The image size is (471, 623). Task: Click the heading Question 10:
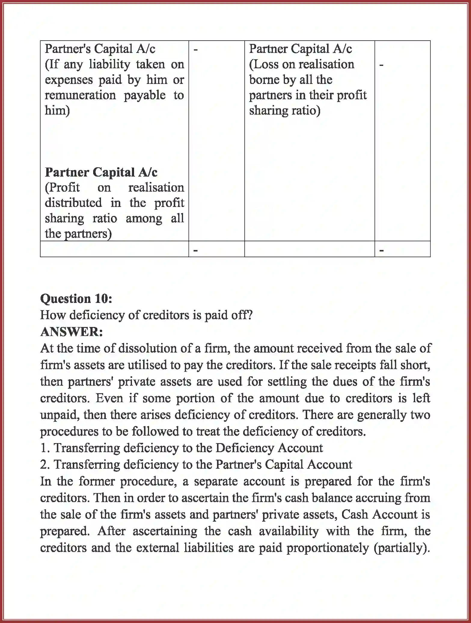pos(76,299)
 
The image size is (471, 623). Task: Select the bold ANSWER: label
pos(72,332)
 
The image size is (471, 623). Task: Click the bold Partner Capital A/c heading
pos(101,172)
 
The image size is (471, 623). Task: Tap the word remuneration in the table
pos(80,95)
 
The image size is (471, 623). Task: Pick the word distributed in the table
pos(73,203)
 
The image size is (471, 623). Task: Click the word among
pos(144,218)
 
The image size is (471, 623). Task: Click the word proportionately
pos(328,548)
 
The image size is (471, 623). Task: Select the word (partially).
pos(402,548)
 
